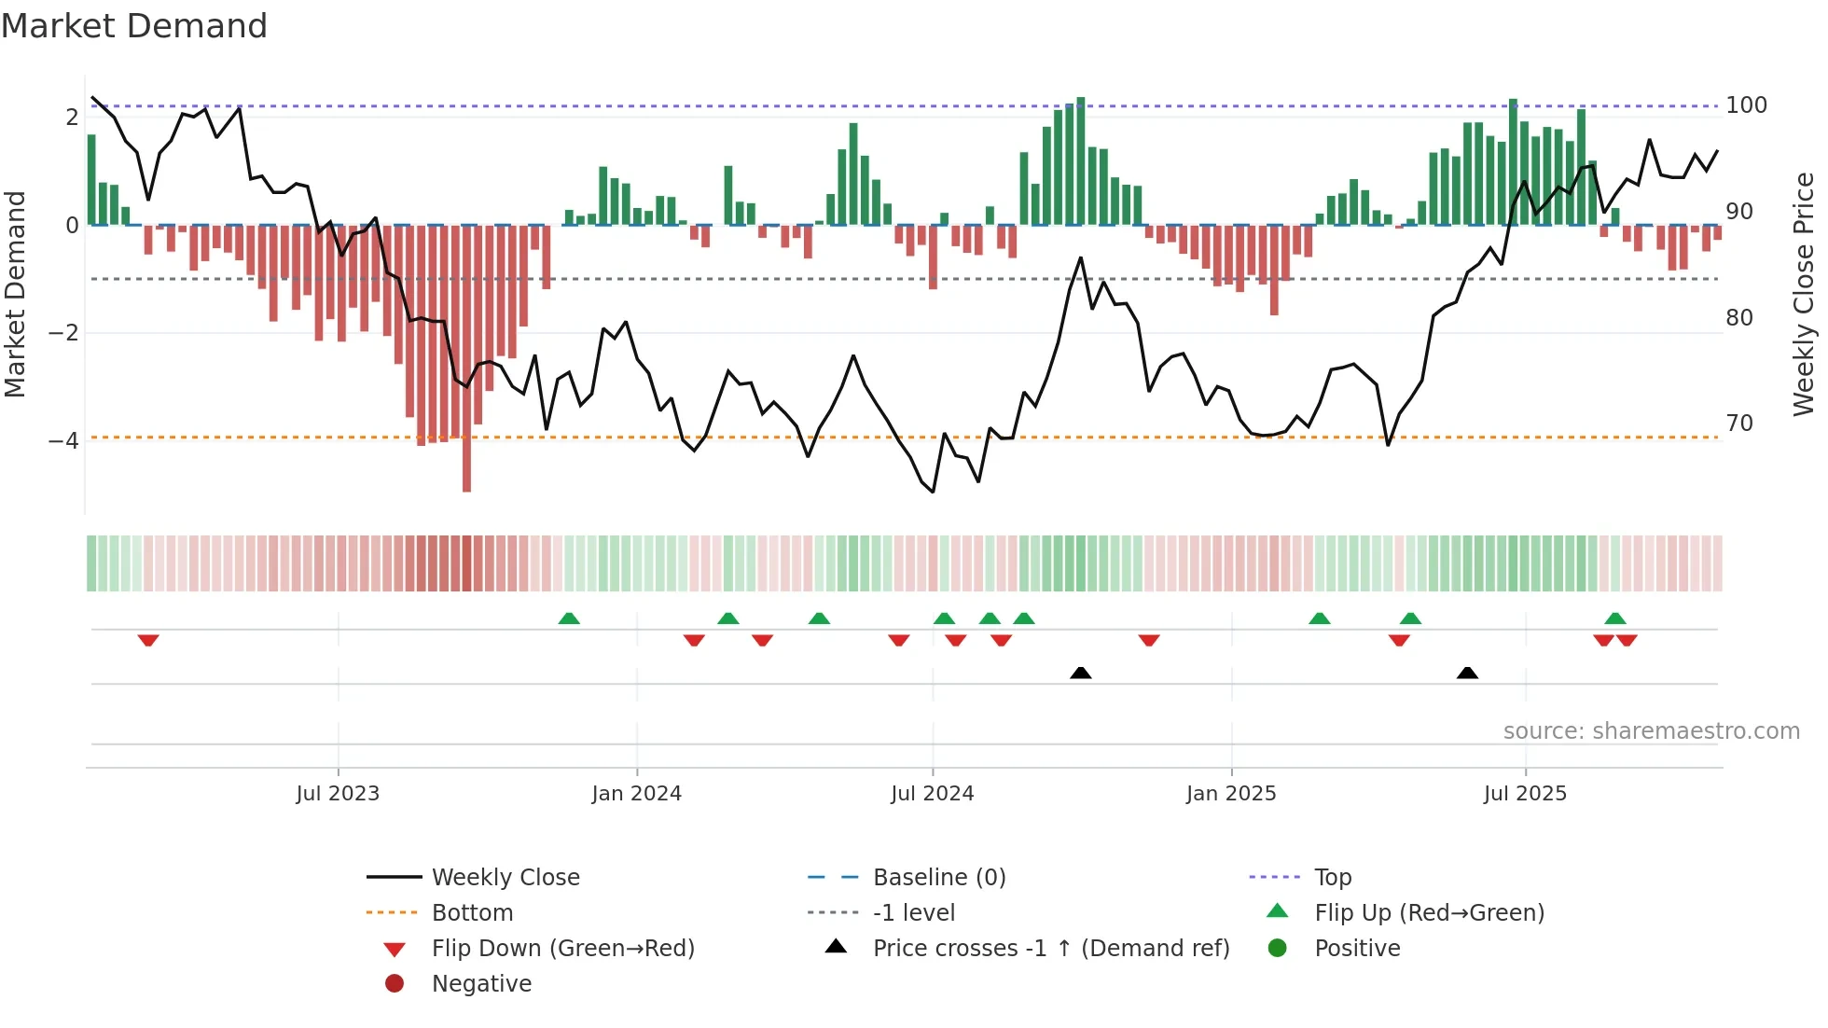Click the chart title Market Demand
click(134, 26)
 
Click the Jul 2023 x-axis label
click(338, 794)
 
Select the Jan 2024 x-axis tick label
click(636, 794)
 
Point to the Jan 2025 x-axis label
click(1231, 794)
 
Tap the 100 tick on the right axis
click(1746, 105)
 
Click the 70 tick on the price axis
click(1739, 424)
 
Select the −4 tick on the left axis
click(63, 440)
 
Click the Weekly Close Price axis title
click(1804, 294)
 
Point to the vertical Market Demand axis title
click(16, 294)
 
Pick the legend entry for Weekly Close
click(505, 878)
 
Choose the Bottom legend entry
click(472, 913)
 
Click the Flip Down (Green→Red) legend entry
click(562, 949)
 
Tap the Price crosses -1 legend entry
click(1050, 949)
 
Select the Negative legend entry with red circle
click(481, 984)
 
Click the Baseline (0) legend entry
click(938, 878)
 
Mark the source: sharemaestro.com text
click(1651, 731)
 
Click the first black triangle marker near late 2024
click(1080, 673)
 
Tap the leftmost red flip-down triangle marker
click(148, 640)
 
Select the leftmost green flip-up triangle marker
click(569, 618)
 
